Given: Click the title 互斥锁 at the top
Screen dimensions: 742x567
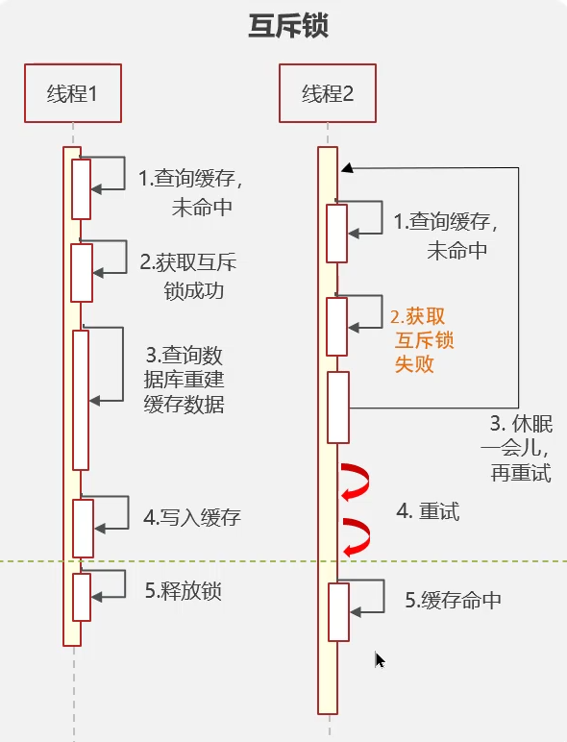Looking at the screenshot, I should [x=289, y=26].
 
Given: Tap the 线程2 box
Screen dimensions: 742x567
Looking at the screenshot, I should [x=327, y=93].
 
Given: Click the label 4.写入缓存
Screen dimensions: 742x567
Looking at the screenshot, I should [x=192, y=517].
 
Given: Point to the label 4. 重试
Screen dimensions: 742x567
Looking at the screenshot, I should [x=429, y=511].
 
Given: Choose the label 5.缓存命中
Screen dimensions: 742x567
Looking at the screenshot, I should [x=454, y=601].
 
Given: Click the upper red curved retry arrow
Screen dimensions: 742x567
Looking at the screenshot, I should [x=357, y=481].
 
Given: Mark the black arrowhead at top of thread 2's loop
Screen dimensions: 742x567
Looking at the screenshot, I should [x=347, y=167].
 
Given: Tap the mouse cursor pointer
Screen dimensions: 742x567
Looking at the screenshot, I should [x=381, y=659].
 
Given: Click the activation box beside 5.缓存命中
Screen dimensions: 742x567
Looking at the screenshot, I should [x=337, y=611].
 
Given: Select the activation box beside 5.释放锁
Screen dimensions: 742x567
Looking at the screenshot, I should [x=82, y=597].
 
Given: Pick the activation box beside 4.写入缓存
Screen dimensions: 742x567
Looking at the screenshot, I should [x=83, y=527].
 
